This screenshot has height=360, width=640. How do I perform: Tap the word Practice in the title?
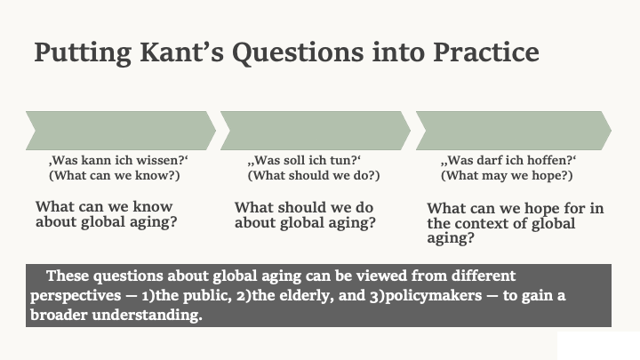(x=485, y=52)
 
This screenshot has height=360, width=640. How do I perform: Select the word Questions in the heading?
(x=298, y=53)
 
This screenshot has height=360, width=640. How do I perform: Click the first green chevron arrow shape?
(x=120, y=131)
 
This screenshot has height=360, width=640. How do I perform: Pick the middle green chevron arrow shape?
(x=315, y=131)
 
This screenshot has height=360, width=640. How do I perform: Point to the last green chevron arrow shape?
(x=514, y=131)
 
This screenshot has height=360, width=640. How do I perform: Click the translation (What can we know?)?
(x=115, y=175)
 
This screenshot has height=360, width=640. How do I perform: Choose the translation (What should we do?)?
(x=314, y=175)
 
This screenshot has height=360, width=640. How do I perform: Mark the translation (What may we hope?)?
(x=507, y=175)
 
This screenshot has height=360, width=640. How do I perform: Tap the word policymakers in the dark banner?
(x=434, y=296)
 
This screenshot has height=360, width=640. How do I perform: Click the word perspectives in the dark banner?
(x=76, y=296)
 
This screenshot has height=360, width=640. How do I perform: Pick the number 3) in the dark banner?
(x=377, y=296)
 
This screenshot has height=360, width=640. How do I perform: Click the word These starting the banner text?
(x=68, y=276)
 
